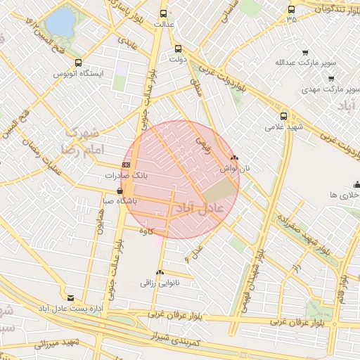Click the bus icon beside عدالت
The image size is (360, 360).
pos(164,13)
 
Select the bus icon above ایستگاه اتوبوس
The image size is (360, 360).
pos(77,63)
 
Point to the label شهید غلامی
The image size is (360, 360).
pos(278,127)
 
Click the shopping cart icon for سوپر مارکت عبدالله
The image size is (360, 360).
pos(305,53)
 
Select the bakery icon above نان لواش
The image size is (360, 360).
pos(234,159)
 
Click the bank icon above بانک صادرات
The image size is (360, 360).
pos(126,165)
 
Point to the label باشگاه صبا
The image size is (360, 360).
pos(120,201)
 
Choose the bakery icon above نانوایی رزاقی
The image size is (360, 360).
pos(160,273)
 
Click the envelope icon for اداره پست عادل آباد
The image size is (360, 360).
pos(70,298)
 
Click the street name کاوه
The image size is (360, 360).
pos(146,231)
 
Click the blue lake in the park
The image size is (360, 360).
pos(61,21)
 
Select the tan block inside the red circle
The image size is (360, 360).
pos(220,189)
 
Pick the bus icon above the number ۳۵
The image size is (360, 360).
pos(291,10)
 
